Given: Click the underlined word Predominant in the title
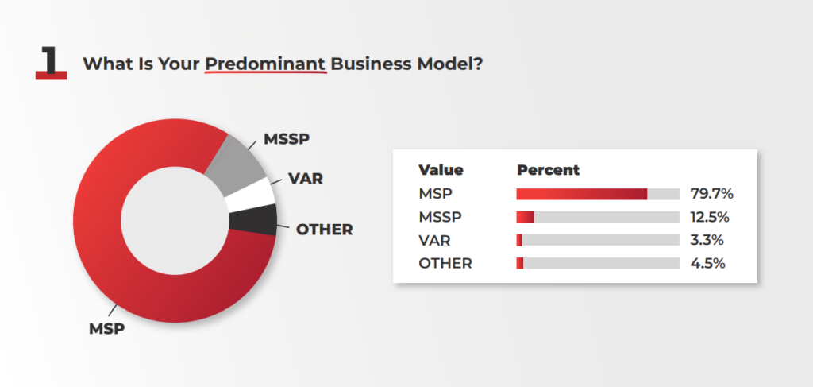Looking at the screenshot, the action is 265,64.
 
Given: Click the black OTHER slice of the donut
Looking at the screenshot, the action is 254,220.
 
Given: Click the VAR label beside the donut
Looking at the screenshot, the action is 306,179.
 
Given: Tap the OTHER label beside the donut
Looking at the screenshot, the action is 324,230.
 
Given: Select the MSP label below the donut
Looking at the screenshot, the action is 107,328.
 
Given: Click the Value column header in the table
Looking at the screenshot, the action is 441,170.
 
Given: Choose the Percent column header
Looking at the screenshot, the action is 548,170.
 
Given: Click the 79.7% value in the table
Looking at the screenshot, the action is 711,194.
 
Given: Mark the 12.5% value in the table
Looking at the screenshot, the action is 710,217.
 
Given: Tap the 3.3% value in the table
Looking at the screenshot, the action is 707,240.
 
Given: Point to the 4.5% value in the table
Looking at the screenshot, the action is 707,264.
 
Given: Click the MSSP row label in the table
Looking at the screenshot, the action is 440,217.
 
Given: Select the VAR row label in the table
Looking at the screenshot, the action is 434,240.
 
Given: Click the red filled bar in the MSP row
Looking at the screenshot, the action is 582,194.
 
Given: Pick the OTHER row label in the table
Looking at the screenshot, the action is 445,264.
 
